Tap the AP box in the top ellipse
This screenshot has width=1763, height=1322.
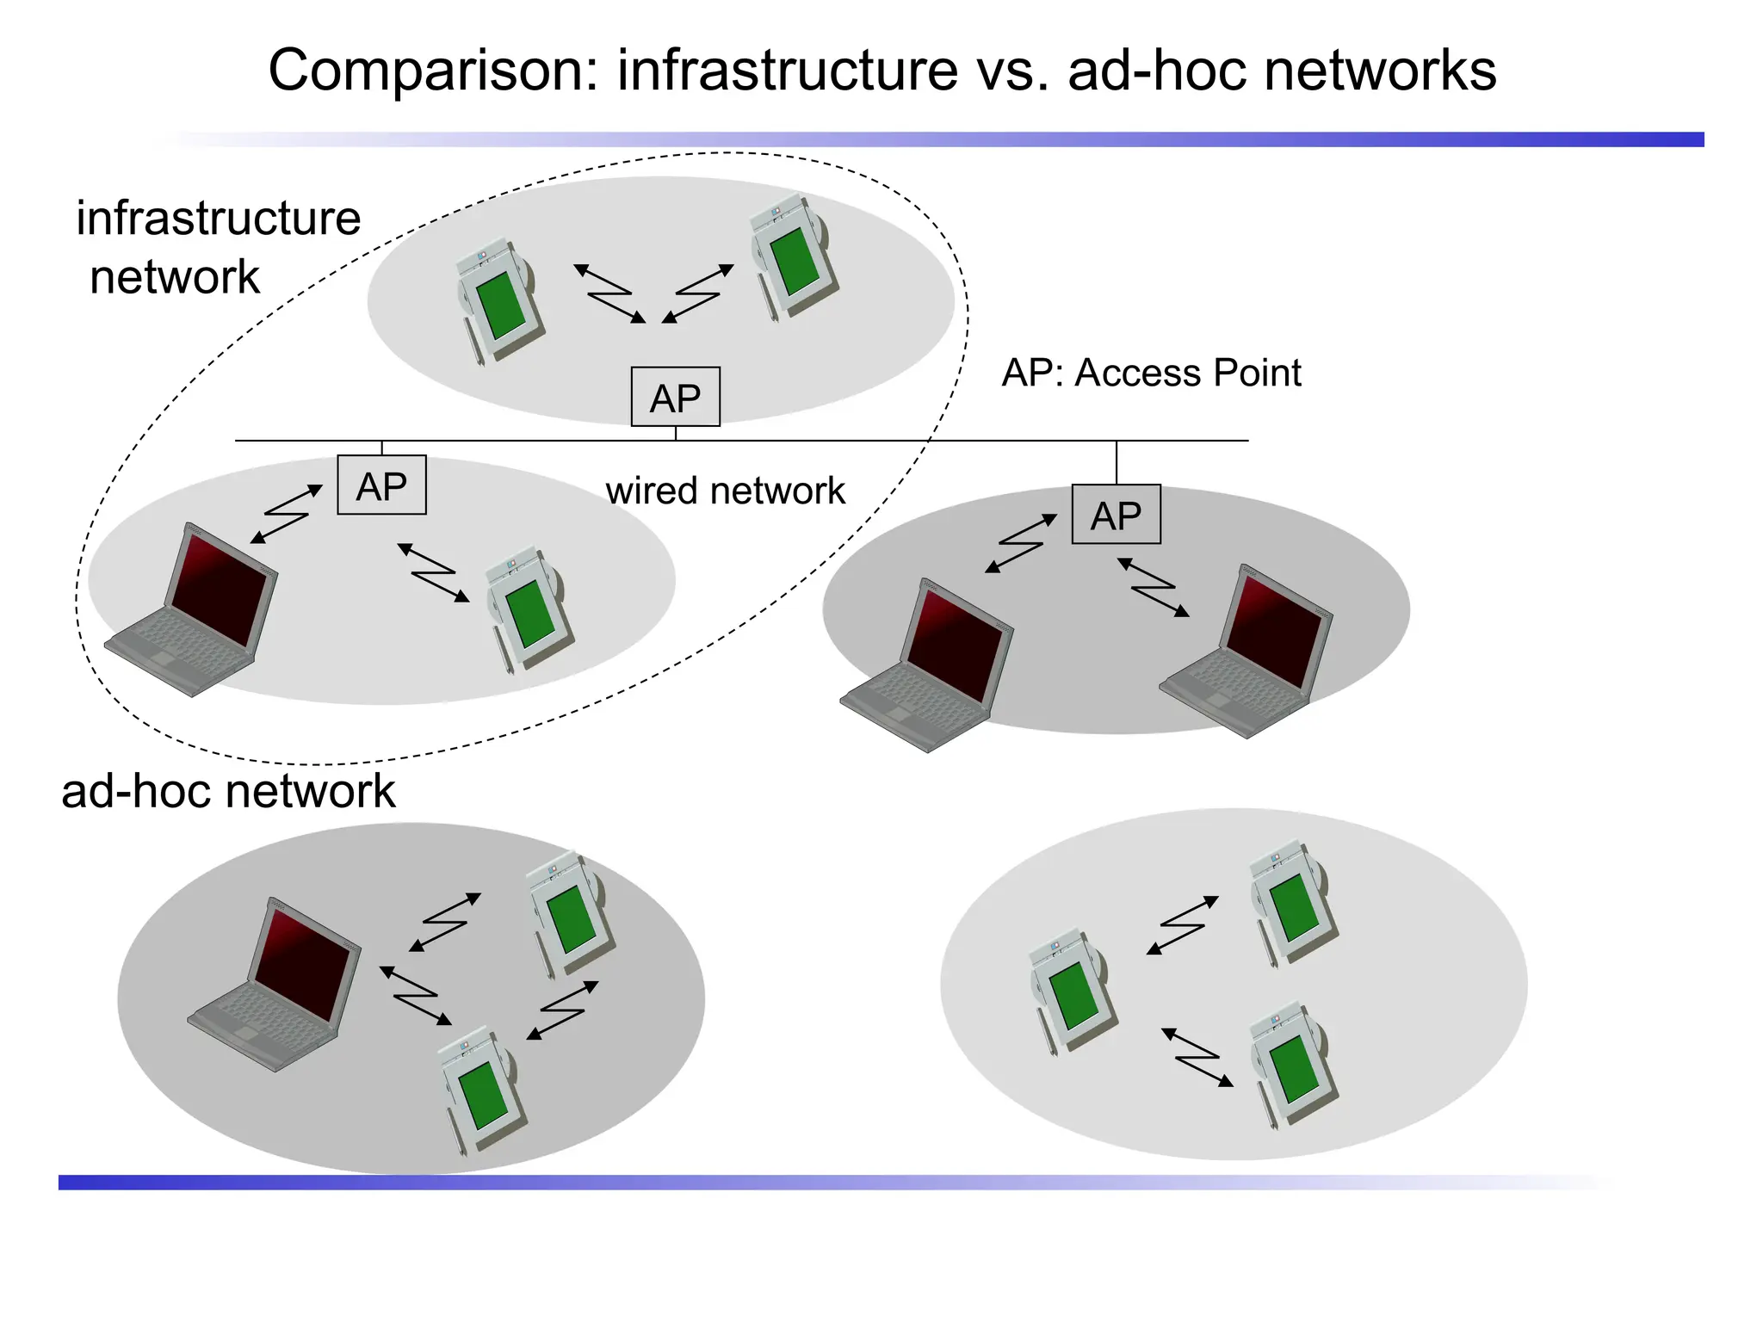click(675, 398)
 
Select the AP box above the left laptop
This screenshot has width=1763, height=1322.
click(381, 485)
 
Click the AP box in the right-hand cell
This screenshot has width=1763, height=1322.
click(1116, 515)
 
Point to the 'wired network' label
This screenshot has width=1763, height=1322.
click(725, 491)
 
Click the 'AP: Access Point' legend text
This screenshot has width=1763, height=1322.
click(1151, 374)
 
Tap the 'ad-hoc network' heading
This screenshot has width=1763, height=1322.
click(228, 791)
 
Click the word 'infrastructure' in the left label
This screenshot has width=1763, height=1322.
click(219, 219)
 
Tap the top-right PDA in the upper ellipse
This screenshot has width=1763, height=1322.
click(793, 256)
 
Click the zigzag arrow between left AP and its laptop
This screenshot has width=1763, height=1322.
click(286, 514)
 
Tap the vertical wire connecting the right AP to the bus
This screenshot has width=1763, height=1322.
click(1117, 463)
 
